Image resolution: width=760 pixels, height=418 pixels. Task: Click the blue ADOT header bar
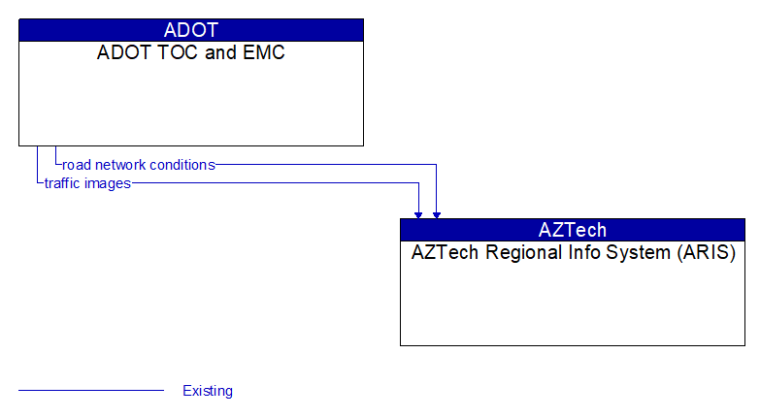(x=191, y=30)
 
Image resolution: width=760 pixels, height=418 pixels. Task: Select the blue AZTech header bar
(x=573, y=230)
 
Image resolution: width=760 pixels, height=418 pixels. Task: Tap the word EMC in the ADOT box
(x=264, y=53)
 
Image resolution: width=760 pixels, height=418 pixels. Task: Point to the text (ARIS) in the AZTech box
(x=710, y=253)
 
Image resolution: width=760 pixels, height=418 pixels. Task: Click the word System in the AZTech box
(x=632, y=253)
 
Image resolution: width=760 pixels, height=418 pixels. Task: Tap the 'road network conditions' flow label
(x=138, y=165)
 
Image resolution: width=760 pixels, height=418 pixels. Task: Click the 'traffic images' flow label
(x=87, y=183)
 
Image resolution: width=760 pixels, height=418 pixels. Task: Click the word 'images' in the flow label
(x=109, y=183)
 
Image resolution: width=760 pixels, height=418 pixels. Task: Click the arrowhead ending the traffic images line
(x=418, y=213)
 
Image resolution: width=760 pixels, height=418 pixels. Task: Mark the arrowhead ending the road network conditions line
(x=437, y=213)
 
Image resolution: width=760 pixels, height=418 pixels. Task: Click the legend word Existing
(x=208, y=391)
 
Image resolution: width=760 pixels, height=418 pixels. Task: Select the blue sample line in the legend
(x=91, y=391)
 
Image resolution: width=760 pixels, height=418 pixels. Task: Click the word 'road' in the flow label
(x=77, y=165)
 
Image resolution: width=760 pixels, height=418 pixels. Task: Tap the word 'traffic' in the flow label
(x=64, y=183)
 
